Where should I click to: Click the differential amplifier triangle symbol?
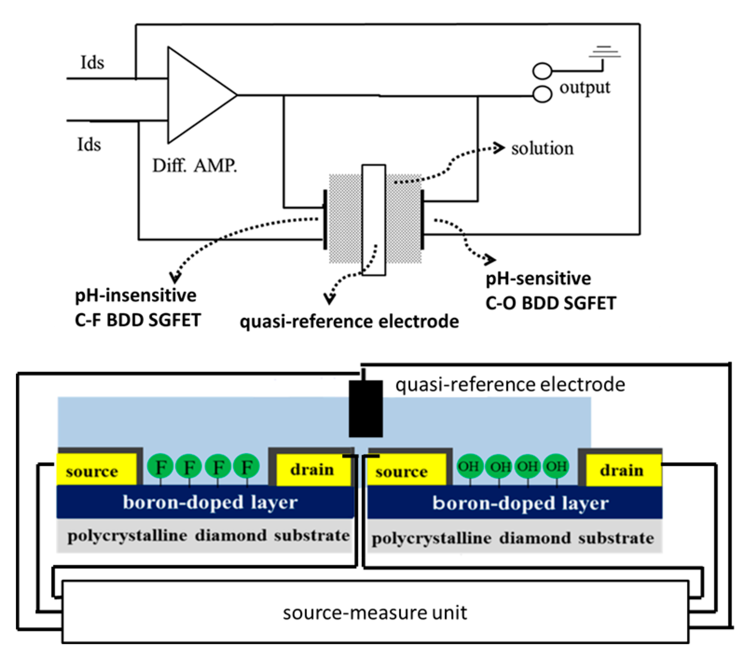click(196, 95)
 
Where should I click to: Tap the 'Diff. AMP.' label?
click(194, 166)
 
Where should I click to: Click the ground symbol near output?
click(605, 53)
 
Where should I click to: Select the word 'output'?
click(584, 88)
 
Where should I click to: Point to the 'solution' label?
click(542, 149)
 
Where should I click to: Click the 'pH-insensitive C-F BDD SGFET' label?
click(137, 307)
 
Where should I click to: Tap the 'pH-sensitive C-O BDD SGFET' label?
click(550, 291)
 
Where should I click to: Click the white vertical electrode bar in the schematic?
click(373, 219)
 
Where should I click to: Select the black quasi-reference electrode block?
click(366, 409)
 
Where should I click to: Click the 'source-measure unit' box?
click(375, 612)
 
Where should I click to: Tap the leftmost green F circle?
click(160, 467)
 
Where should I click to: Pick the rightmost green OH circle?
click(556, 466)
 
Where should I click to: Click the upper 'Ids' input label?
click(92, 63)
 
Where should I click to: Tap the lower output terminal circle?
click(542, 95)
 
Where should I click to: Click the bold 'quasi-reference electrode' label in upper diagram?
click(349, 321)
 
